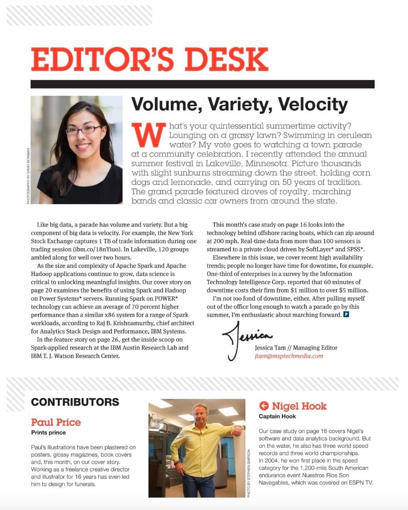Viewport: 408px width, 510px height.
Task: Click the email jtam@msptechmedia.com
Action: pyautogui.click(x=289, y=356)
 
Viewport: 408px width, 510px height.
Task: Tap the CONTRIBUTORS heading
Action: pyautogui.click(x=75, y=402)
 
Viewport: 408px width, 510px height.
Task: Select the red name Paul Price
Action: pyautogui.click(x=56, y=422)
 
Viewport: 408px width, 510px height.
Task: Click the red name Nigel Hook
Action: pyautogui.click(x=299, y=406)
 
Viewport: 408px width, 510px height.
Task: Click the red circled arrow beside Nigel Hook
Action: pyautogui.click(x=264, y=406)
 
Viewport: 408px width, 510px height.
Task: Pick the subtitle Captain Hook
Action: pyautogui.click(x=277, y=416)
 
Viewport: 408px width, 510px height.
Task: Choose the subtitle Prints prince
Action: pyautogui.click(x=48, y=432)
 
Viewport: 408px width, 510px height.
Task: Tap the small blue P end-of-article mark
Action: pyautogui.click(x=346, y=315)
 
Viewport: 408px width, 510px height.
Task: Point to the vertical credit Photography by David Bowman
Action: pyautogui.click(x=28, y=175)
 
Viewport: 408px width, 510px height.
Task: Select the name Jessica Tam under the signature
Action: pyautogui.click(x=271, y=348)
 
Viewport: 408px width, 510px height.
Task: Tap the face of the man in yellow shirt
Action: pyautogui.click(x=200, y=414)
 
